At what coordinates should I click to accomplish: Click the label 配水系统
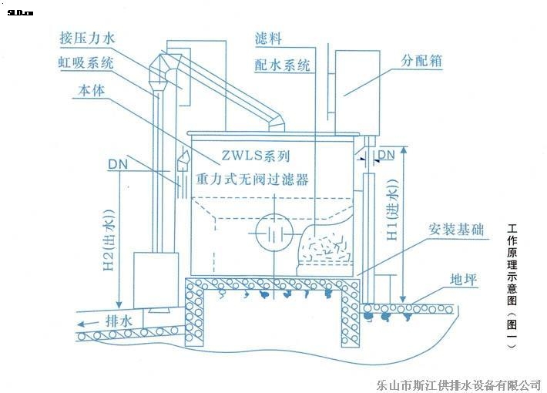click(x=283, y=65)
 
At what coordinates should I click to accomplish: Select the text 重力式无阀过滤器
click(x=252, y=180)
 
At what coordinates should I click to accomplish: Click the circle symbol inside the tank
click(x=272, y=230)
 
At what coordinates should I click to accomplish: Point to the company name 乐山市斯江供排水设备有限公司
click(x=459, y=383)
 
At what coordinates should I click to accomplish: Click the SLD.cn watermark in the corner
click(x=15, y=11)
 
